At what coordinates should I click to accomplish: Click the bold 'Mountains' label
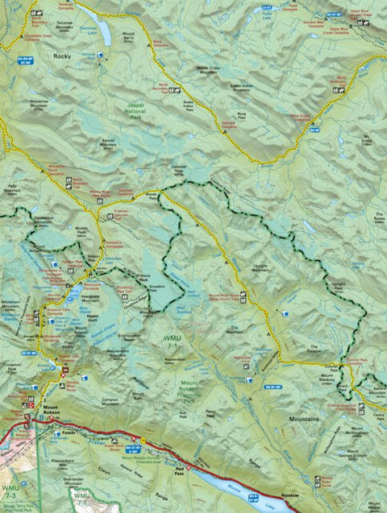[304, 420]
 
